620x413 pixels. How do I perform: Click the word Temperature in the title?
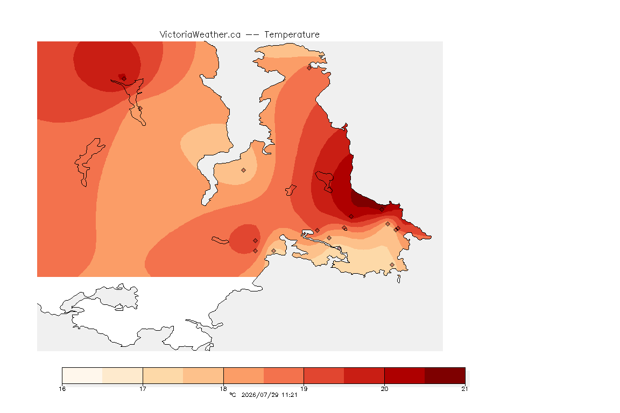coord(292,35)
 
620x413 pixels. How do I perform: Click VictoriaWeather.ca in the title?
coord(200,35)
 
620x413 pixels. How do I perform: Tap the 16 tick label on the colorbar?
coord(62,389)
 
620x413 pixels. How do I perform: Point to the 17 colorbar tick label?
coord(143,389)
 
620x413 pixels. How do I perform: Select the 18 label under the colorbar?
coord(223,389)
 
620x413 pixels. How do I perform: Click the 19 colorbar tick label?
coord(304,389)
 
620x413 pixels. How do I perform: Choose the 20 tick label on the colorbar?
coord(384,389)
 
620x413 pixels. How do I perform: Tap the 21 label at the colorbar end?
coord(464,389)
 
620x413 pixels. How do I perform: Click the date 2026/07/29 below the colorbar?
coord(259,395)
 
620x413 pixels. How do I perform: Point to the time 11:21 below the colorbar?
coord(289,395)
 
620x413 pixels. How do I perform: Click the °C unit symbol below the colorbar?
coord(232,395)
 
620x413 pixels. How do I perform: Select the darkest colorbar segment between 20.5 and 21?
coord(445,375)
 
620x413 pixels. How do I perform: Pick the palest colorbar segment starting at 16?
coord(82,375)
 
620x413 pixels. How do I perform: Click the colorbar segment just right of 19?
coord(324,375)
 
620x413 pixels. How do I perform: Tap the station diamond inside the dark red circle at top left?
coord(124,79)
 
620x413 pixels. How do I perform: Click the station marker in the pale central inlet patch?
coord(244,170)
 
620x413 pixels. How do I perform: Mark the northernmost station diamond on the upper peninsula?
coord(309,68)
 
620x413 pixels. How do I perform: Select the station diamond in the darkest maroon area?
coord(382,210)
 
